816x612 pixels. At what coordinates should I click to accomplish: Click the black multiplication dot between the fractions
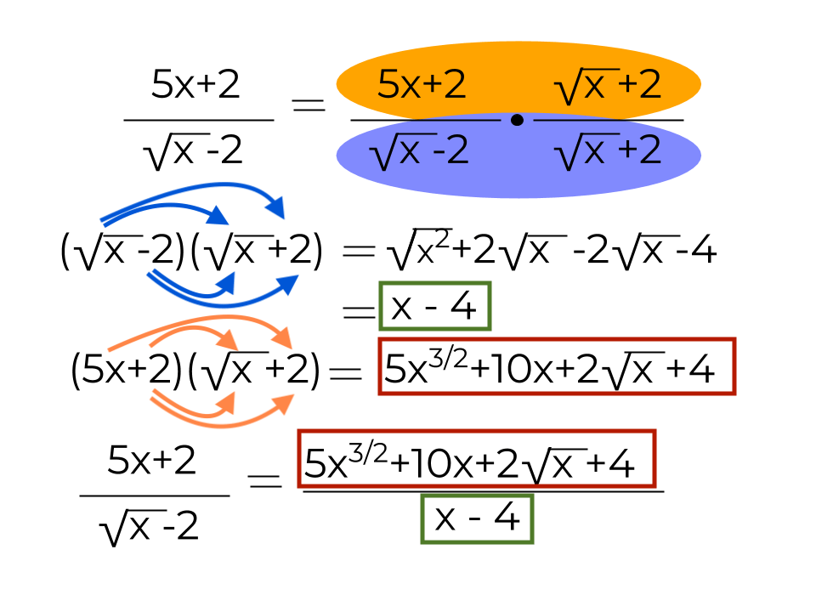tap(517, 120)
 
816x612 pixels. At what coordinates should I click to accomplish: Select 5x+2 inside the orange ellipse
tap(422, 84)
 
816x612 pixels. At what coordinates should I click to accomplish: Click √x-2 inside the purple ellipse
tap(419, 151)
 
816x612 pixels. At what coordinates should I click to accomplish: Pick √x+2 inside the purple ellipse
tap(608, 151)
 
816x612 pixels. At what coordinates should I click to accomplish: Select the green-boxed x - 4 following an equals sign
tap(435, 306)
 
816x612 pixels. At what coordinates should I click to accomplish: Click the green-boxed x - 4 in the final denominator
tap(477, 518)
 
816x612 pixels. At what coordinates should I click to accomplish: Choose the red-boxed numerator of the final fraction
tap(477, 459)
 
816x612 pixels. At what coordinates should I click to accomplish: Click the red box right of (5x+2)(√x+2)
tap(557, 366)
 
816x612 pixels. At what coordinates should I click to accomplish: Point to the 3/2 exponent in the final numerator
tap(368, 453)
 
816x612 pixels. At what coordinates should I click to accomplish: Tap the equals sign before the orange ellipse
tap(309, 105)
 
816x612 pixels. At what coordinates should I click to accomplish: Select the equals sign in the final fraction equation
tap(265, 481)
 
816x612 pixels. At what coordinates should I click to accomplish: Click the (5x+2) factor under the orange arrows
tap(127, 368)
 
